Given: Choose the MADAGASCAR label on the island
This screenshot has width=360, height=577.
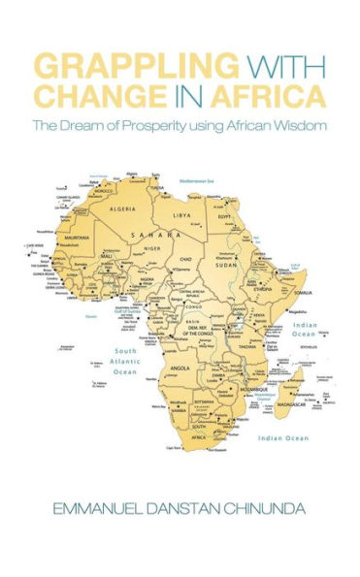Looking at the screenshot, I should tap(291, 390).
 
